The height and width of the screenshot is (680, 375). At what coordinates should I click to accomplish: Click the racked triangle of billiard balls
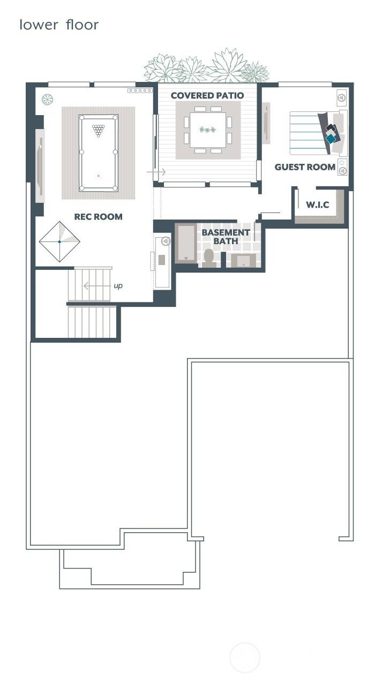(98, 130)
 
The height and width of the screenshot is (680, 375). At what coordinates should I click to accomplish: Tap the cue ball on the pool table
(98, 176)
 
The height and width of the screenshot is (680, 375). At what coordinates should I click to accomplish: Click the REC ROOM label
(98, 217)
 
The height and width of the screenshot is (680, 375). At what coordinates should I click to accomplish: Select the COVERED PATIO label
(207, 96)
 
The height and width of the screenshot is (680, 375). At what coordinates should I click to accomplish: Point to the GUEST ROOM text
(305, 167)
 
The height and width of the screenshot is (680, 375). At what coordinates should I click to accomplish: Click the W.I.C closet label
(317, 205)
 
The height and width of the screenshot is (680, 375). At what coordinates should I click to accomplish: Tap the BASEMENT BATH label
(226, 237)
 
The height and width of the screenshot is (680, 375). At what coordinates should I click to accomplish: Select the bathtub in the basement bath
(186, 244)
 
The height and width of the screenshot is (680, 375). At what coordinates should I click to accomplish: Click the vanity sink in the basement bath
(243, 261)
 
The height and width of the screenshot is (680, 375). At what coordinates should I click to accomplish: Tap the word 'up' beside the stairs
(118, 286)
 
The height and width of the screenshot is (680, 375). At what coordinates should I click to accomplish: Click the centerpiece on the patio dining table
(207, 130)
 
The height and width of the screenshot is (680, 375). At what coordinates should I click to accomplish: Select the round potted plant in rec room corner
(48, 99)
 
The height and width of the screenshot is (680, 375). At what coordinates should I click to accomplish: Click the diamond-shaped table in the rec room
(59, 241)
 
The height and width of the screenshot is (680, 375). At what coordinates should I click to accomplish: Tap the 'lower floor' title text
(59, 25)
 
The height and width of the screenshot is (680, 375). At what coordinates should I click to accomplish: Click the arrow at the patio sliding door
(159, 172)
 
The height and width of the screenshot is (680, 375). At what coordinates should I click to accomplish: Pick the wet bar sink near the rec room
(162, 260)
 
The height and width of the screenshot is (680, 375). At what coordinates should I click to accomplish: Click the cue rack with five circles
(140, 90)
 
